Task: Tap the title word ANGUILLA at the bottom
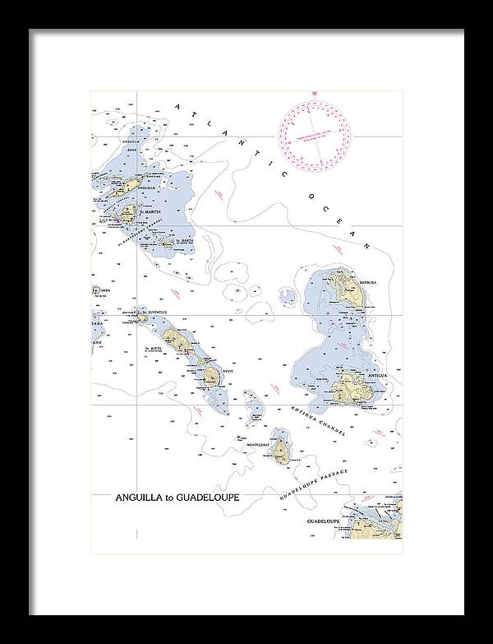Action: [142, 498]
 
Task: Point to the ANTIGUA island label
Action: [377, 375]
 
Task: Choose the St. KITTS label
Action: [154, 349]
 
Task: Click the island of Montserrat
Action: [283, 450]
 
